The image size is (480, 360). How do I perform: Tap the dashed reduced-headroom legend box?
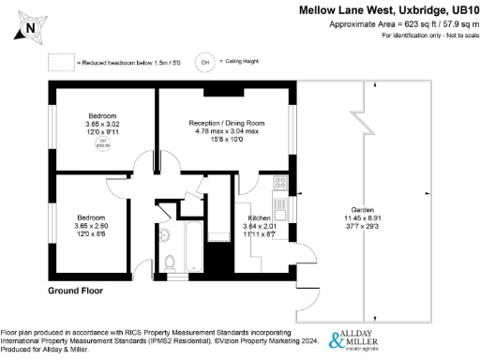[x=62, y=61]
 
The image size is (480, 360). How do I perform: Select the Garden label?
[x=364, y=211]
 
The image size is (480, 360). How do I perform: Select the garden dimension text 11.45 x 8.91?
[x=364, y=219]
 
